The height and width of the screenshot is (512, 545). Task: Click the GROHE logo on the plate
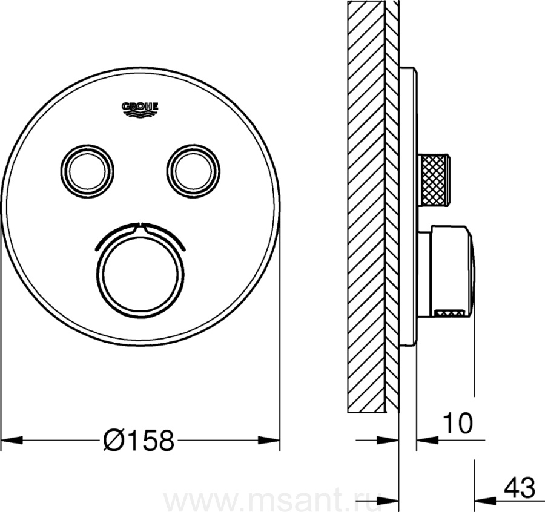(x=140, y=108)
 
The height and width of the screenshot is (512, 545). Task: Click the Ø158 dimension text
(x=139, y=440)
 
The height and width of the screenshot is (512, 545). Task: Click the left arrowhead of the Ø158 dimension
(x=12, y=440)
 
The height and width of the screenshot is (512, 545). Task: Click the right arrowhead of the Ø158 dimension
(x=269, y=440)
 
